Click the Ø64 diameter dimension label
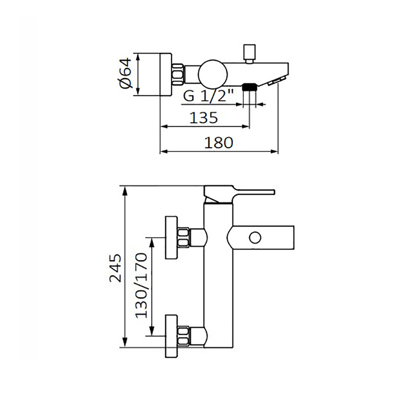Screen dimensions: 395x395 (126, 73)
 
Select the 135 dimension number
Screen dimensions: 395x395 (203, 118)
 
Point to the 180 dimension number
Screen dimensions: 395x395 (219, 143)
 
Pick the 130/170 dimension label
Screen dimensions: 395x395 (141, 286)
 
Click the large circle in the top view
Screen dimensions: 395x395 (213, 75)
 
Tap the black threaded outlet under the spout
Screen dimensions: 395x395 (249, 87)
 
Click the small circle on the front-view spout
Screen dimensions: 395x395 (255, 237)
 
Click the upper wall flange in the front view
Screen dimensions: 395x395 (171, 237)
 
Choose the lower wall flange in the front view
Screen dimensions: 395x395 (171, 336)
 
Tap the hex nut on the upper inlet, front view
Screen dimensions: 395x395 (183, 237)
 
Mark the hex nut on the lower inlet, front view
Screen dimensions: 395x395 (183, 336)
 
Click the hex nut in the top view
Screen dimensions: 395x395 (179, 75)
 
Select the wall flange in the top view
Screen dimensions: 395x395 (166, 75)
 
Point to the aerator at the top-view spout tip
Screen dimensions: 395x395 (276, 81)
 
